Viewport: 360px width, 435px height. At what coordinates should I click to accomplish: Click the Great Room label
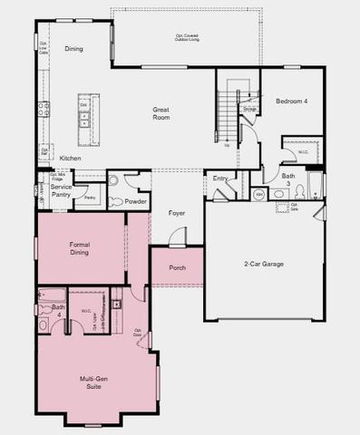pyautogui.click(x=161, y=113)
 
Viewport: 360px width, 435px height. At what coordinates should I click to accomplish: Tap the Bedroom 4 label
pyautogui.click(x=291, y=101)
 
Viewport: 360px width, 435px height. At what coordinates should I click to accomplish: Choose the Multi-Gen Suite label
pyautogui.click(x=87, y=383)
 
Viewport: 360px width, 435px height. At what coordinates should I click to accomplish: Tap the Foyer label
pyautogui.click(x=177, y=214)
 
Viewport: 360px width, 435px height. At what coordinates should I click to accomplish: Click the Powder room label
pyautogui.click(x=137, y=201)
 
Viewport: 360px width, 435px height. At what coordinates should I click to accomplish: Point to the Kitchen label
pyautogui.click(x=70, y=159)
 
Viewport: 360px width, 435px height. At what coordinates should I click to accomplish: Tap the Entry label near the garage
pyautogui.click(x=220, y=179)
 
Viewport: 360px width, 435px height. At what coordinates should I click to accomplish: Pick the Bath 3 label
pyautogui.click(x=288, y=179)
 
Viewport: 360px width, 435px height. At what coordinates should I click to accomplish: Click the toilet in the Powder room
pyautogui.click(x=115, y=181)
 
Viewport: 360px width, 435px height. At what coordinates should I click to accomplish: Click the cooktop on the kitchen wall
pyautogui.click(x=42, y=111)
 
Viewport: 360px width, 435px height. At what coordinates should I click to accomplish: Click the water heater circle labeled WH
pyautogui.click(x=258, y=194)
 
